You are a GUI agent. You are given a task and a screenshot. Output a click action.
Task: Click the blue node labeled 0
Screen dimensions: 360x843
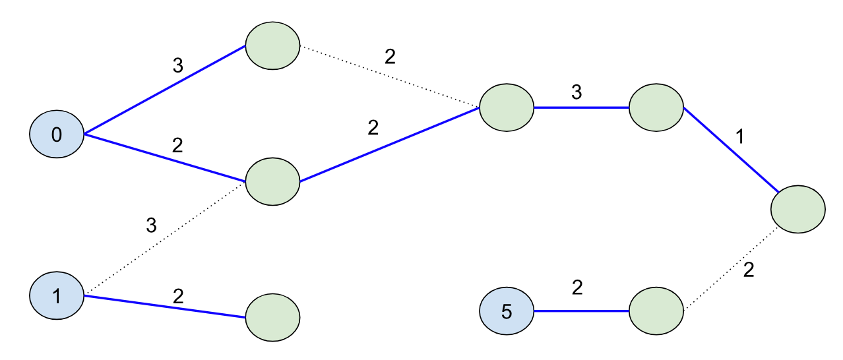tap(57, 135)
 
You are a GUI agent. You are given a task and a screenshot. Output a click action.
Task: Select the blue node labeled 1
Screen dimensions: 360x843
tap(57, 296)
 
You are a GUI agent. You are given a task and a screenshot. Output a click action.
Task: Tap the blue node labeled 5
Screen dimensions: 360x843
tap(507, 311)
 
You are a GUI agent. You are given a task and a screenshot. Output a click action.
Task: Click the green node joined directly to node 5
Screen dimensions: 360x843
tap(656, 311)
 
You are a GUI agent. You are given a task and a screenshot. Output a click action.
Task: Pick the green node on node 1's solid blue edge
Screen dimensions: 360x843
tap(272, 317)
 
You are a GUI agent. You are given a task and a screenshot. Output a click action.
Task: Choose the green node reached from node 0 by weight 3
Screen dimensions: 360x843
tap(272, 46)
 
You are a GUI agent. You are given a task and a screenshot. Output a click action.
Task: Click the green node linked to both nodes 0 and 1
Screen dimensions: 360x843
tap(272, 181)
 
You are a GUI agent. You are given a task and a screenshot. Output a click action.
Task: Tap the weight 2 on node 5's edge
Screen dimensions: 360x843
tap(577, 287)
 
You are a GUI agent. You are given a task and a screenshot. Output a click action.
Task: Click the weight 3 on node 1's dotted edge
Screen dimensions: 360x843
tap(151, 225)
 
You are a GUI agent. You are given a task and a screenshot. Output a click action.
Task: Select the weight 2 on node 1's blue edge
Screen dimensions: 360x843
tap(177, 295)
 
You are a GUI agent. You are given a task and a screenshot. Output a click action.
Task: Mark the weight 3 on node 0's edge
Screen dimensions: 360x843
tap(177, 65)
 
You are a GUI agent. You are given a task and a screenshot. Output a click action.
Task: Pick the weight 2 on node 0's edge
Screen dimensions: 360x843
tap(177, 145)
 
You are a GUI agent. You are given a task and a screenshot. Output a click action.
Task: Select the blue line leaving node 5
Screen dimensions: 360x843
tap(581, 311)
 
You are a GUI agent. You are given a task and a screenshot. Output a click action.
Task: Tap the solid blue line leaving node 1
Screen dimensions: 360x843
tap(165, 307)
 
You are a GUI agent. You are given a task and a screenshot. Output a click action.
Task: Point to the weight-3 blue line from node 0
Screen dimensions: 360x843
tap(165, 90)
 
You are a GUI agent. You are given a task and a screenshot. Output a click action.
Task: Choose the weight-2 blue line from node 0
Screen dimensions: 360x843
tap(165, 158)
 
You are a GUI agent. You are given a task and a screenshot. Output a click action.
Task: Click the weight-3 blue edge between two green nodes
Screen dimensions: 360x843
tap(581, 107)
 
